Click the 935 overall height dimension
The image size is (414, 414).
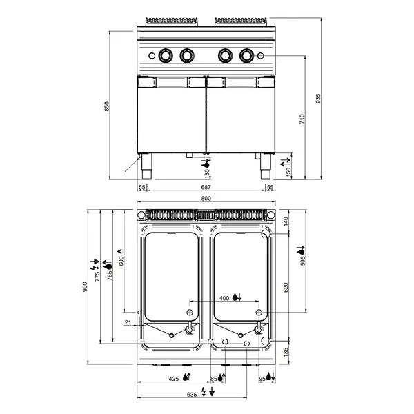coord(318,99)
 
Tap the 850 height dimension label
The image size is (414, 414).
coord(107,106)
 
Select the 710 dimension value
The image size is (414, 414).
coord(302,119)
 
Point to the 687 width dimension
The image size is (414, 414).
coord(206,187)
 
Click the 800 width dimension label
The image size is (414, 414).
coord(206,198)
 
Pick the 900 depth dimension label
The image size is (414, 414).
coord(85,287)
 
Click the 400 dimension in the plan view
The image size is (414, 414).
coord(224,298)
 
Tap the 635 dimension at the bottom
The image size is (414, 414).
coord(192,395)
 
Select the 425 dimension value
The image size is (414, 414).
coord(173,379)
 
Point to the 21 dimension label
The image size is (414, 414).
coord(128,322)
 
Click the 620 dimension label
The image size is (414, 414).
coord(286,288)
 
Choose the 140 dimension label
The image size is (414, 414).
coord(286,221)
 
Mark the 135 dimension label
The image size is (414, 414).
coord(286,353)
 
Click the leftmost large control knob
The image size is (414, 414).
coord(166,56)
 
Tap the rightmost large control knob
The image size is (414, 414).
coord(246,56)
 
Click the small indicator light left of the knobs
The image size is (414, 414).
coord(152,56)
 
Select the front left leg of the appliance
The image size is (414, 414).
coord(146,166)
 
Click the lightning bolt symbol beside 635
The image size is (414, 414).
coord(204,391)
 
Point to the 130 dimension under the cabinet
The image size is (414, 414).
coord(207,173)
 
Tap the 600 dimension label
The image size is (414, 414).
coord(121,261)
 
